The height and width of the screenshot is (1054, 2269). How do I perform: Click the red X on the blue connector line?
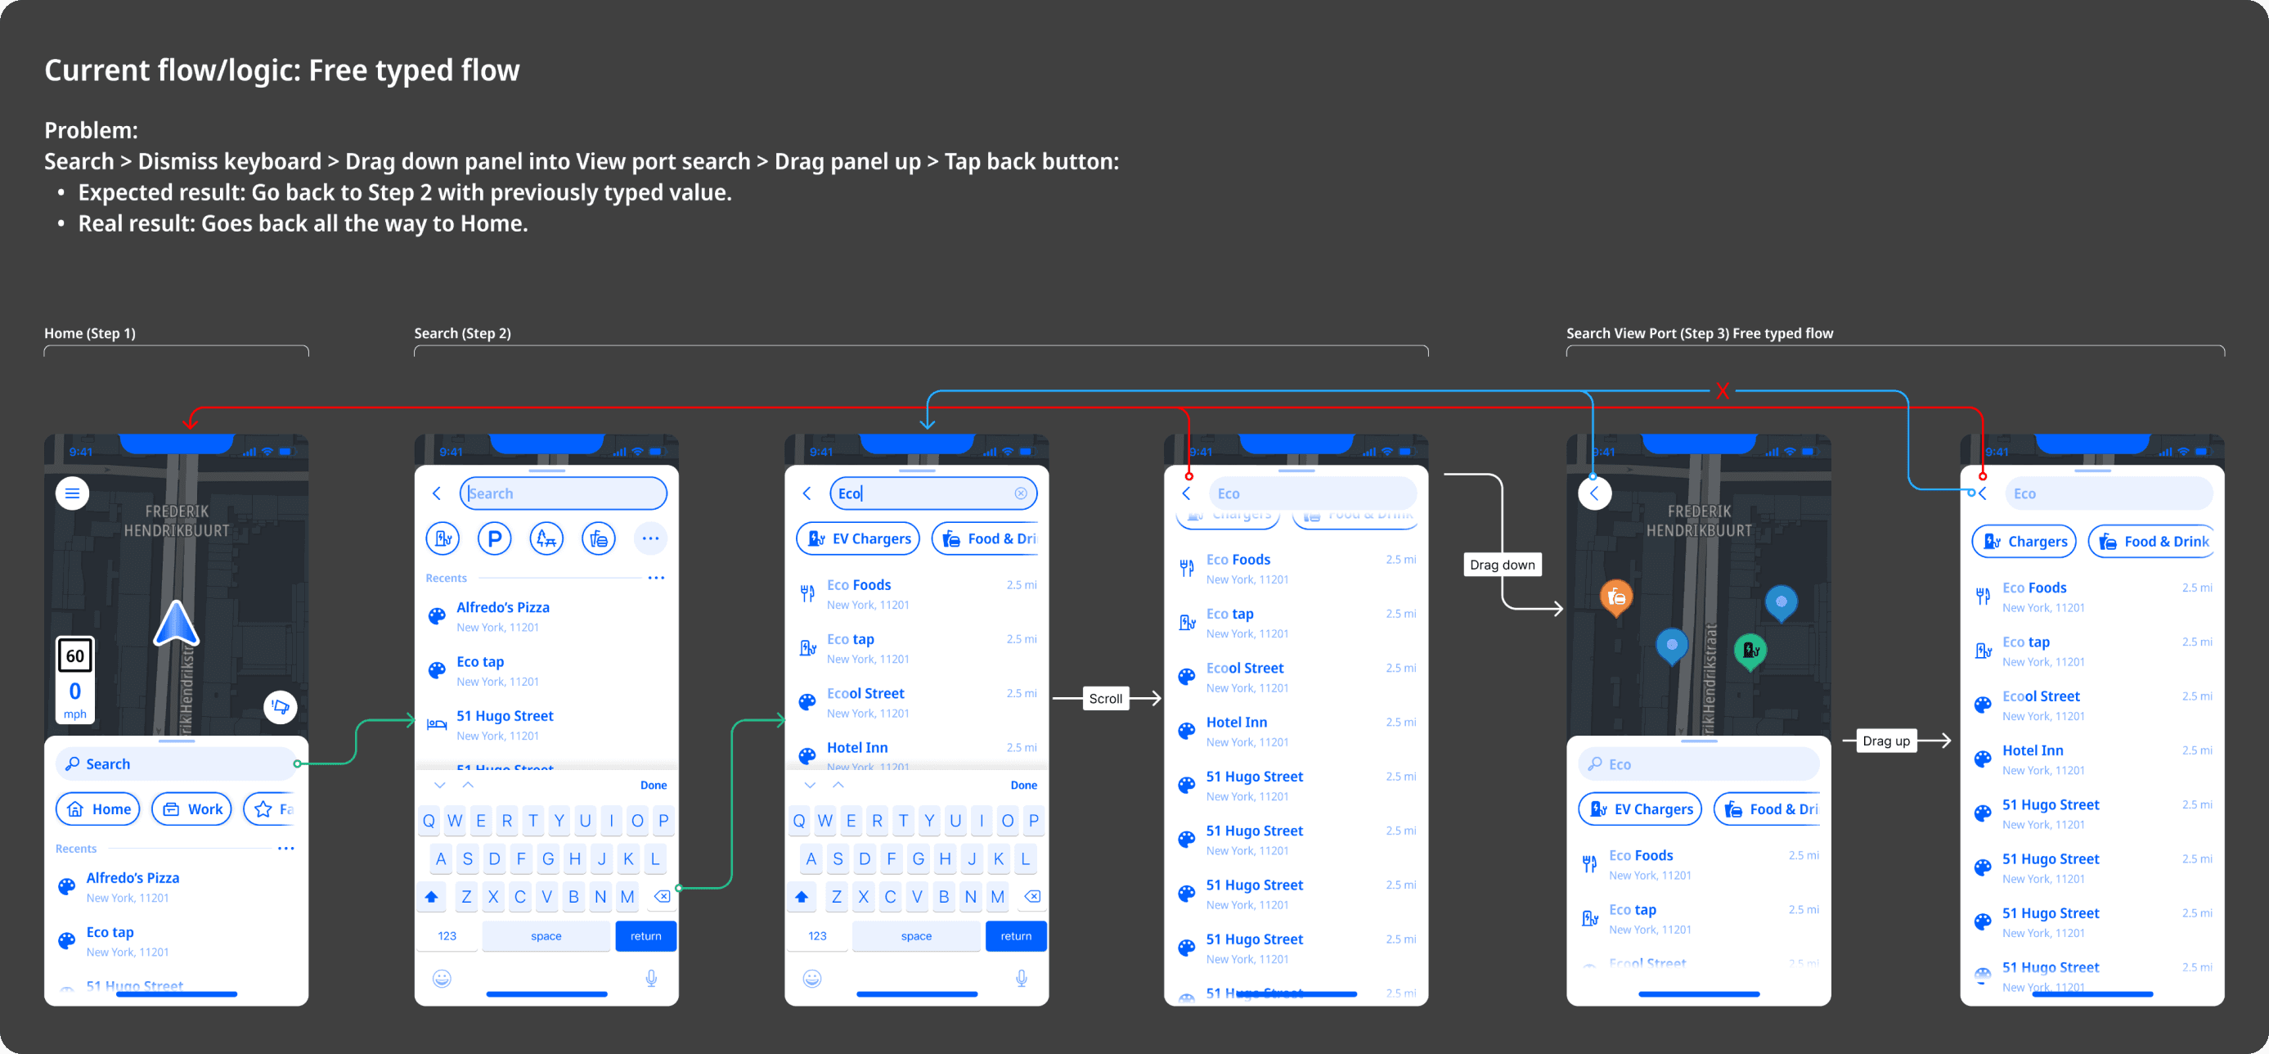click(1722, 390)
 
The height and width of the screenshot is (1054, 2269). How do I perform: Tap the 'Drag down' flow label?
click(1502, 565)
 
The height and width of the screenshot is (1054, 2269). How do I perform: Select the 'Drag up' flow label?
click(1886, 741)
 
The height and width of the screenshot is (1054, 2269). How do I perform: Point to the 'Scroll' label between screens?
click(1105, 699)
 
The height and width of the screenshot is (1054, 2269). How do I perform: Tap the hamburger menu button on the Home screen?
click(72, 493)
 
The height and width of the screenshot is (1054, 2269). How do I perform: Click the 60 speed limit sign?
click(75, 655)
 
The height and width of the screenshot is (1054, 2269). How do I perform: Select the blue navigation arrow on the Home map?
click(176, 624)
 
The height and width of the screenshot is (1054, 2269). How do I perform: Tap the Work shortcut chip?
click(192, 809)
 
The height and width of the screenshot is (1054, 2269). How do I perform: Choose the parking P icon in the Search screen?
click(494, 538)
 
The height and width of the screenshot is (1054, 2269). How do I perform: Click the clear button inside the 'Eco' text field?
click(1020, 493)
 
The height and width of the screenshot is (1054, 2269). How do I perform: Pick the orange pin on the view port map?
click(1615, 598)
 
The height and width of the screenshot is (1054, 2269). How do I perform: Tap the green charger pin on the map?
click(1750, 651)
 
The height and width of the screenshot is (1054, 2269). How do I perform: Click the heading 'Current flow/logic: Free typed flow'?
click(282, 70)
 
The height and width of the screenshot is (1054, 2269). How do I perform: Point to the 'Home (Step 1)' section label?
click(90, 333)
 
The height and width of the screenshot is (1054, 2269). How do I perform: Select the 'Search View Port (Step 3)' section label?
click(1699, 333)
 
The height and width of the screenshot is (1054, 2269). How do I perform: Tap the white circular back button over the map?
click(1594, 493)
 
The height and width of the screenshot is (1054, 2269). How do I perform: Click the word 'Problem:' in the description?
click(91, 130)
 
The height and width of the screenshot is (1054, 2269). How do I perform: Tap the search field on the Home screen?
click(176, 764)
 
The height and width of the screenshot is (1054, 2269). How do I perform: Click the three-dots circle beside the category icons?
click(650, 538)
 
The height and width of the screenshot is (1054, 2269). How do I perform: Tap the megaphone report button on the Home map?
click(280, 706)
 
